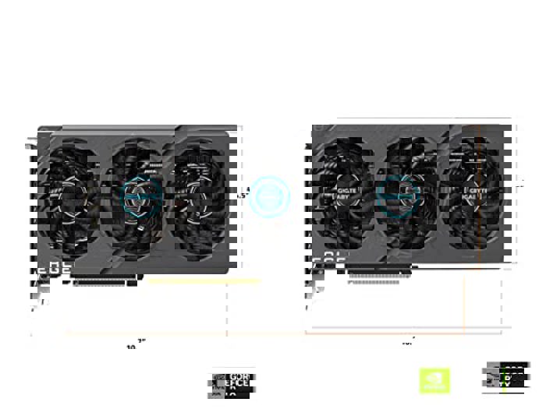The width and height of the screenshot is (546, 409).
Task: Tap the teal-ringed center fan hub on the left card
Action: pos(141,196)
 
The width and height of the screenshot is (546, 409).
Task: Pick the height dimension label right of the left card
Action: pos(243,195)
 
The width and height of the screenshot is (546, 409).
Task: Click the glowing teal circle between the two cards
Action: pos(270,196)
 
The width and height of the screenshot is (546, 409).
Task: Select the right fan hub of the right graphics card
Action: pos(476,195)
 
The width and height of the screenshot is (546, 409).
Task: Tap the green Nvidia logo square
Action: pos(434,381)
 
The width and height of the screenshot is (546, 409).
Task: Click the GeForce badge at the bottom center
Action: pos(232,384)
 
